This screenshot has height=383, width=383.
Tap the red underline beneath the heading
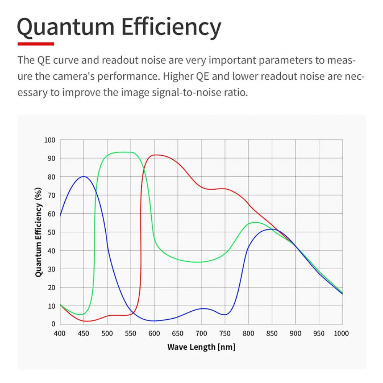pos(36,44)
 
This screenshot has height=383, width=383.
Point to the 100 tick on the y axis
pos(50,140)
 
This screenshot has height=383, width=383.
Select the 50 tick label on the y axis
pos(51,232)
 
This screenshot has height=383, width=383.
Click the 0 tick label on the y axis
pos(53,324)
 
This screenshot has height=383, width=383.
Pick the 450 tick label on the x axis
pos(83,334)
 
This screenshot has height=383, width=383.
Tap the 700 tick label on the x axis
pos(201,334)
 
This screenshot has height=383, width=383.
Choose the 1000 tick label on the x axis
pos(341,334)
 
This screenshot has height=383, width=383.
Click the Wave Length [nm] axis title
pos(201,347)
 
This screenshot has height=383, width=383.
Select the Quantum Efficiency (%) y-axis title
pos(38,232)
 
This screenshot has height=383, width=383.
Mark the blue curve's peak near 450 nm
pos(83,177)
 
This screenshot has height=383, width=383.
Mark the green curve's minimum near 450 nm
pos(81,314)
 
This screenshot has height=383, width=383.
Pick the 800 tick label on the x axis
pos(248,334)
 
